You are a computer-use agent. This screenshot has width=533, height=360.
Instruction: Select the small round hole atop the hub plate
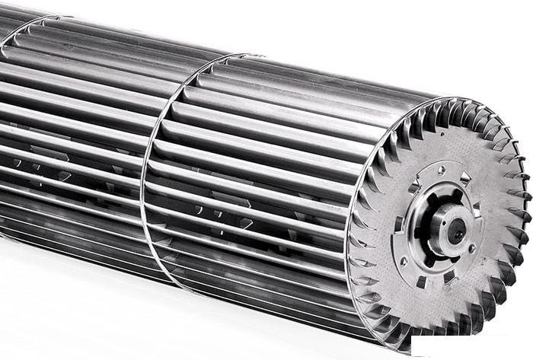(441, 170)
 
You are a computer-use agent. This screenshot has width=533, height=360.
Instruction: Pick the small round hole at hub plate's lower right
(472, 248)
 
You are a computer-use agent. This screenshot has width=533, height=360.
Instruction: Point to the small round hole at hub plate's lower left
(404, 260)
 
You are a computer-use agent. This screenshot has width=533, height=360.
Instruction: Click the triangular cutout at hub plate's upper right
(464, 178)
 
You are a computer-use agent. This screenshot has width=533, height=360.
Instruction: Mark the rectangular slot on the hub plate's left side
(397, 223)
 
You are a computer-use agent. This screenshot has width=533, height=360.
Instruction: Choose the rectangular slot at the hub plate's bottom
(421, 281)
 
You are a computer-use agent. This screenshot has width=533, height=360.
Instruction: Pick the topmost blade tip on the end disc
(457, 100)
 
